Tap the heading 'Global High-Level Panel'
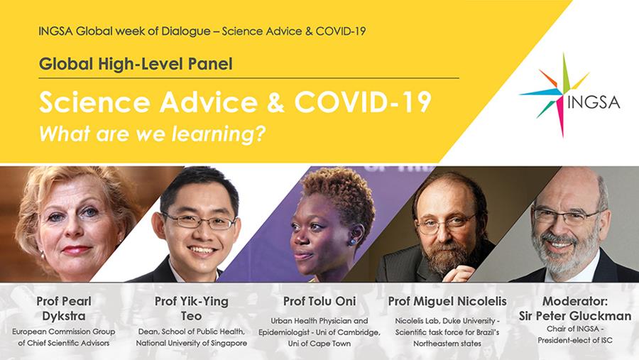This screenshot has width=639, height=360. (136, 64)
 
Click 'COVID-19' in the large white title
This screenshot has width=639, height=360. (363, 102)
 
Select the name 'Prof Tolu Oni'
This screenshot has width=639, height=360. (319, 301)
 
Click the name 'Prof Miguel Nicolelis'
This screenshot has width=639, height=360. (447, 301)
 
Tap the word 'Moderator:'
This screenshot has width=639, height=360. (574, 301)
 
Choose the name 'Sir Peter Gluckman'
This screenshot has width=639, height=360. (574, 315)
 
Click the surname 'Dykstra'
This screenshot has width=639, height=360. (64, 317)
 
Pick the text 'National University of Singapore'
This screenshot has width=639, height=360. (192, 343)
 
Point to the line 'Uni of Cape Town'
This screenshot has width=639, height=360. (319, 343)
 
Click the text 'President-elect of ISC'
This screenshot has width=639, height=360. (574, 340)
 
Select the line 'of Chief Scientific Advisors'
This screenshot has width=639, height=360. (64, 343)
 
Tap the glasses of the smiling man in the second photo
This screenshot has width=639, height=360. (199, 221)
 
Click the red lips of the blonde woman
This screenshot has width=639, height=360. (76, 250)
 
